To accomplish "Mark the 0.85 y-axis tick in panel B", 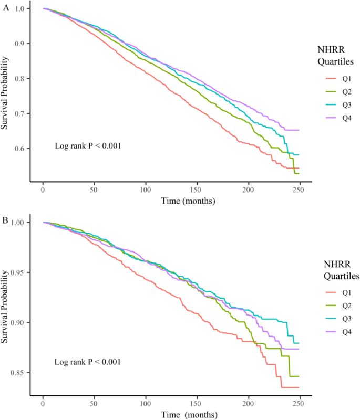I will coord(18,372).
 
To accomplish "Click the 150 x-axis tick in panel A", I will coord(197,190).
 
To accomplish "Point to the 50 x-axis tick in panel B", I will coord(94,403).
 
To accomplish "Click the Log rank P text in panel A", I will coord(88,145).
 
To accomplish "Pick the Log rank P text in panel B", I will coord(88,362).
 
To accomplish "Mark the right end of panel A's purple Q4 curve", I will coord(299,130).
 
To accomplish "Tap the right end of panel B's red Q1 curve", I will coord(299,387).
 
